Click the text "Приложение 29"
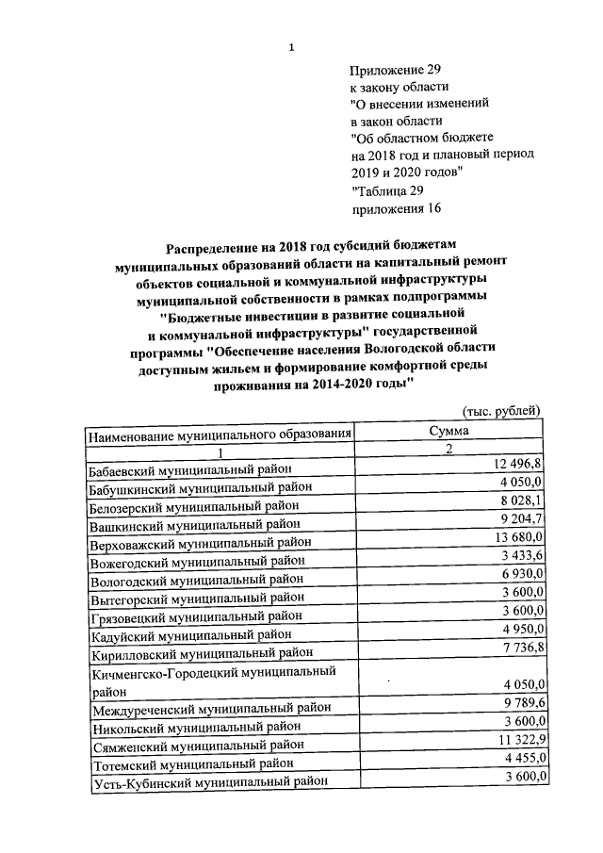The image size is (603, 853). [x=395, y=70]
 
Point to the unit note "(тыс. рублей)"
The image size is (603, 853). [x=502, y=410]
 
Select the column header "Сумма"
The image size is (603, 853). [x=448, y=431]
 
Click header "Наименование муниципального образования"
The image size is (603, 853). [x=220, y=434]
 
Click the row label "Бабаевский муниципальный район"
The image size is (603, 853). [x=190, y=469]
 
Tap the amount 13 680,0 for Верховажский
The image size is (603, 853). [x=517, y=538]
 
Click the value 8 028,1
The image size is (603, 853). [x=523, y=501]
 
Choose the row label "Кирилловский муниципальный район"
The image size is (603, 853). [x=199, y=652]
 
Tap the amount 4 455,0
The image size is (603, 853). [x=523, y=759]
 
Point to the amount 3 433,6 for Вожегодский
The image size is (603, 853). [x=523, y=556]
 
